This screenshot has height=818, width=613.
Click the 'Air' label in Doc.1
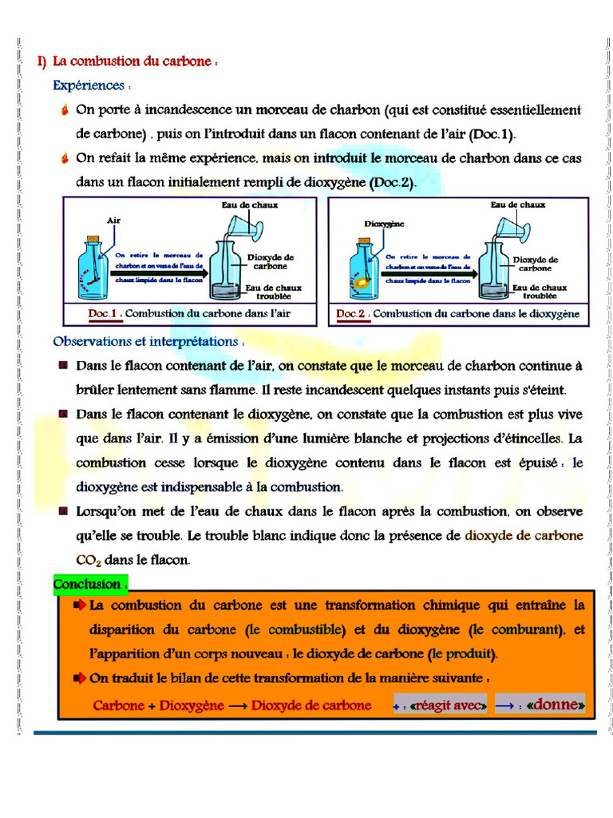pos(113,220)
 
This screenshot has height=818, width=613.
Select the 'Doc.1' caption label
pos(104,314)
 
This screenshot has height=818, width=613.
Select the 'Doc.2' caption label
pos(352,314)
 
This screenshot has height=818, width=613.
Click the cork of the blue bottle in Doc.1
pos(93,240)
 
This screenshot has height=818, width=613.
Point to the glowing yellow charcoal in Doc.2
pos(363,282)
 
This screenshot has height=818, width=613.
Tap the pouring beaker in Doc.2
pos(514,230)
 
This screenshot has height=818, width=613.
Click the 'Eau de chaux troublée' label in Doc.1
pos(273,292)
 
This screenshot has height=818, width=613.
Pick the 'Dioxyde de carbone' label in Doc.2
pos(535,264)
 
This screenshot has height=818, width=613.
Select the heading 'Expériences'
pos(89,85)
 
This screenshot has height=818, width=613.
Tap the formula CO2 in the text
pos(85,560)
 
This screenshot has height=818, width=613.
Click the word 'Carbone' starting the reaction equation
pos(120,705)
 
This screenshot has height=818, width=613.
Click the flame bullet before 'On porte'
pos(65,110)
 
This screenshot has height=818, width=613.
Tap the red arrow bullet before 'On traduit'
pos(80,678)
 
